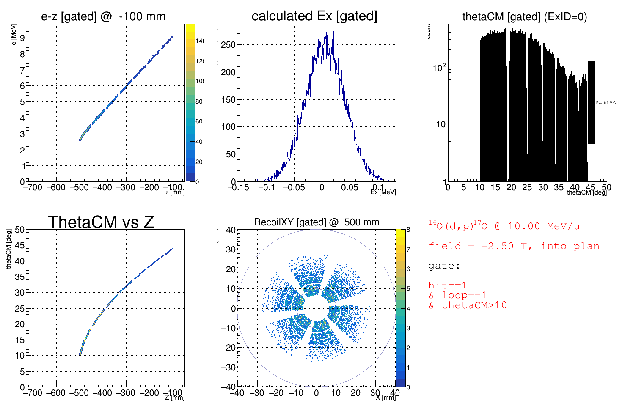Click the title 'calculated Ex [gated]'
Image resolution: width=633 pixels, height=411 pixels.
click(x=314, y=16)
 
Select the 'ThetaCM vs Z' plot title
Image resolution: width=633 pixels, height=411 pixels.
click(x=101, y=222)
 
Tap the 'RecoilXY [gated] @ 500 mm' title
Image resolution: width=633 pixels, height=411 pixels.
click(x=316, y=222)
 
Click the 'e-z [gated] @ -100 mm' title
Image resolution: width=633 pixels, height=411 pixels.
click(x=103, y=16)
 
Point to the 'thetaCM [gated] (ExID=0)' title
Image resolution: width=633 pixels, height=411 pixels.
click(x=525, y=16)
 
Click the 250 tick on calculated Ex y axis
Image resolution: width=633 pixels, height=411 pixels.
click(x=228, y=45)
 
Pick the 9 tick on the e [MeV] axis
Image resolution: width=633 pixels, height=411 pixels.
click(x=22, y=38)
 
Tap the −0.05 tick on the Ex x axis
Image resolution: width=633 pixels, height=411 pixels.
click(x=294, y=187)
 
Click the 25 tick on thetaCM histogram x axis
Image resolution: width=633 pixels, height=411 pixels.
click(x=527, y=187)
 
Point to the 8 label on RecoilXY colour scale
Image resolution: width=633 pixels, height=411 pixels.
click(x=408, y=230)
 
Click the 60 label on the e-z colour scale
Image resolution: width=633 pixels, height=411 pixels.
click(x=199, y=121)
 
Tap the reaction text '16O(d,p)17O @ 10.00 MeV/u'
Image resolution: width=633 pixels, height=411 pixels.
click(x=504, y=226)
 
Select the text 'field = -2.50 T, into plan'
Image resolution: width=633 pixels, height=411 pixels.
click(x=514, y=246)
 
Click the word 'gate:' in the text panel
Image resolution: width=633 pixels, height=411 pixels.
click(x=444, y=266)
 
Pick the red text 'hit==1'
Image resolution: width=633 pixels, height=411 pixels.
click(x=447, y=285)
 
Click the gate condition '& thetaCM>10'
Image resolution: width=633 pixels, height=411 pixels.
click(x=468, y=305)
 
